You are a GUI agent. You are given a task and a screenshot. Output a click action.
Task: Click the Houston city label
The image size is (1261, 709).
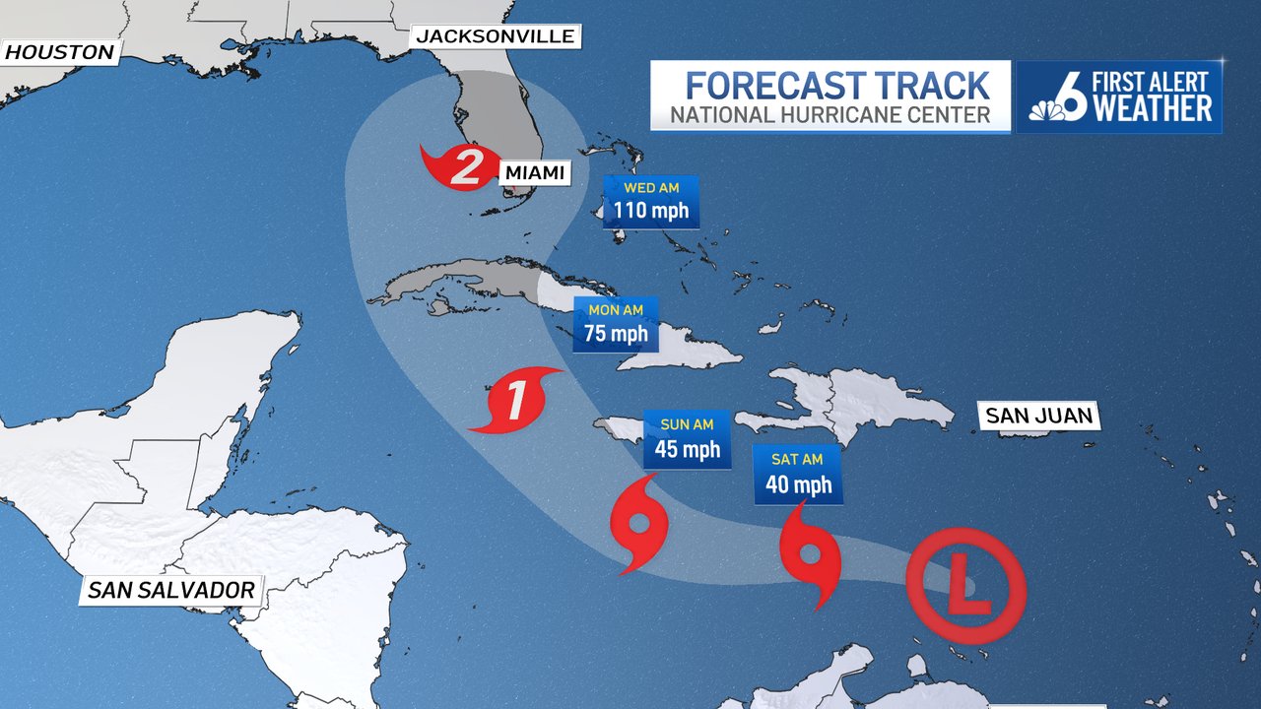click(59, 51)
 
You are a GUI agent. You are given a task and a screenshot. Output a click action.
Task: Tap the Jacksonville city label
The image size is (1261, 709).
click(496, 36)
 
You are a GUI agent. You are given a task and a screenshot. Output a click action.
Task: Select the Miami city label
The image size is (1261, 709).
click(536, 173)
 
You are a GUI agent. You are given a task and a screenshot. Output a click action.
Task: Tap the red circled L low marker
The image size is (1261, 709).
click(966, 590)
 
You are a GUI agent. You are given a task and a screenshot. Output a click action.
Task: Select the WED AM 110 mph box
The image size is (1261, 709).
click(650, 201)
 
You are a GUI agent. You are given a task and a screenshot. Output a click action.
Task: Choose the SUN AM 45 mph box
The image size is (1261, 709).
click(687, 440)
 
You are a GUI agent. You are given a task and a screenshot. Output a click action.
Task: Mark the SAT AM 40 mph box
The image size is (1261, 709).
click(798, 475)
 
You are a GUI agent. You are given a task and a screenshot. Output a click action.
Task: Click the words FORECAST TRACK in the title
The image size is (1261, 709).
click(837, 85)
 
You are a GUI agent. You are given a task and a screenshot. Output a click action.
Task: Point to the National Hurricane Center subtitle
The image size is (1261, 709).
click(830, 115)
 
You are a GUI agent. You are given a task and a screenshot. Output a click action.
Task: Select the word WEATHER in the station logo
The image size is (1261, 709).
click(1153, 109)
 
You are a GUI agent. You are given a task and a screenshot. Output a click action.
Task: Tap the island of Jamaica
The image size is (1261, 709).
click(619, 430)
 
